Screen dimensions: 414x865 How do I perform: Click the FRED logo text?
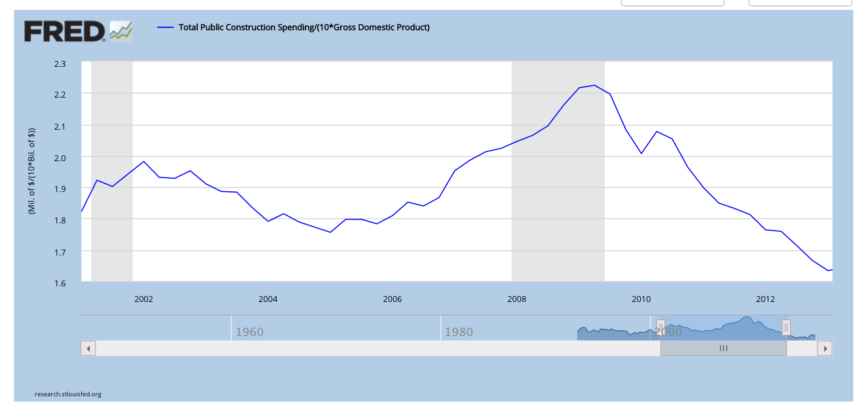[64, 31]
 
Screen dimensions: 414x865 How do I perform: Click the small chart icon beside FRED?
[121, 31]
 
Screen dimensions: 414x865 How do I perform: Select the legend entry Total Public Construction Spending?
[303, 27]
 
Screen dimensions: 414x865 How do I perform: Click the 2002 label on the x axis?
[144, 299]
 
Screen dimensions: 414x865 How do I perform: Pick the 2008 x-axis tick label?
[516, 299]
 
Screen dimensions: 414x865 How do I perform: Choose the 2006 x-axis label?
[392, 299]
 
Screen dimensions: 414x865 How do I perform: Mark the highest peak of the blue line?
[594, 85]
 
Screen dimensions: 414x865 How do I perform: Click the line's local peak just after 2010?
[657, 132]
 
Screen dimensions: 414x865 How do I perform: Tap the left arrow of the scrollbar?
[88, 348]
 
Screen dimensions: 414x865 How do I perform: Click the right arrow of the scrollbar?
[826, 348]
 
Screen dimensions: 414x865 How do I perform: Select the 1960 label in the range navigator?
[249, 332]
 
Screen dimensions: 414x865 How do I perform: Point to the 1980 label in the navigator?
[459, 332]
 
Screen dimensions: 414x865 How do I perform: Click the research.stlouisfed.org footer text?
[68, 394]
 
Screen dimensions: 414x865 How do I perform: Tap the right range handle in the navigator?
[786, 327]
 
